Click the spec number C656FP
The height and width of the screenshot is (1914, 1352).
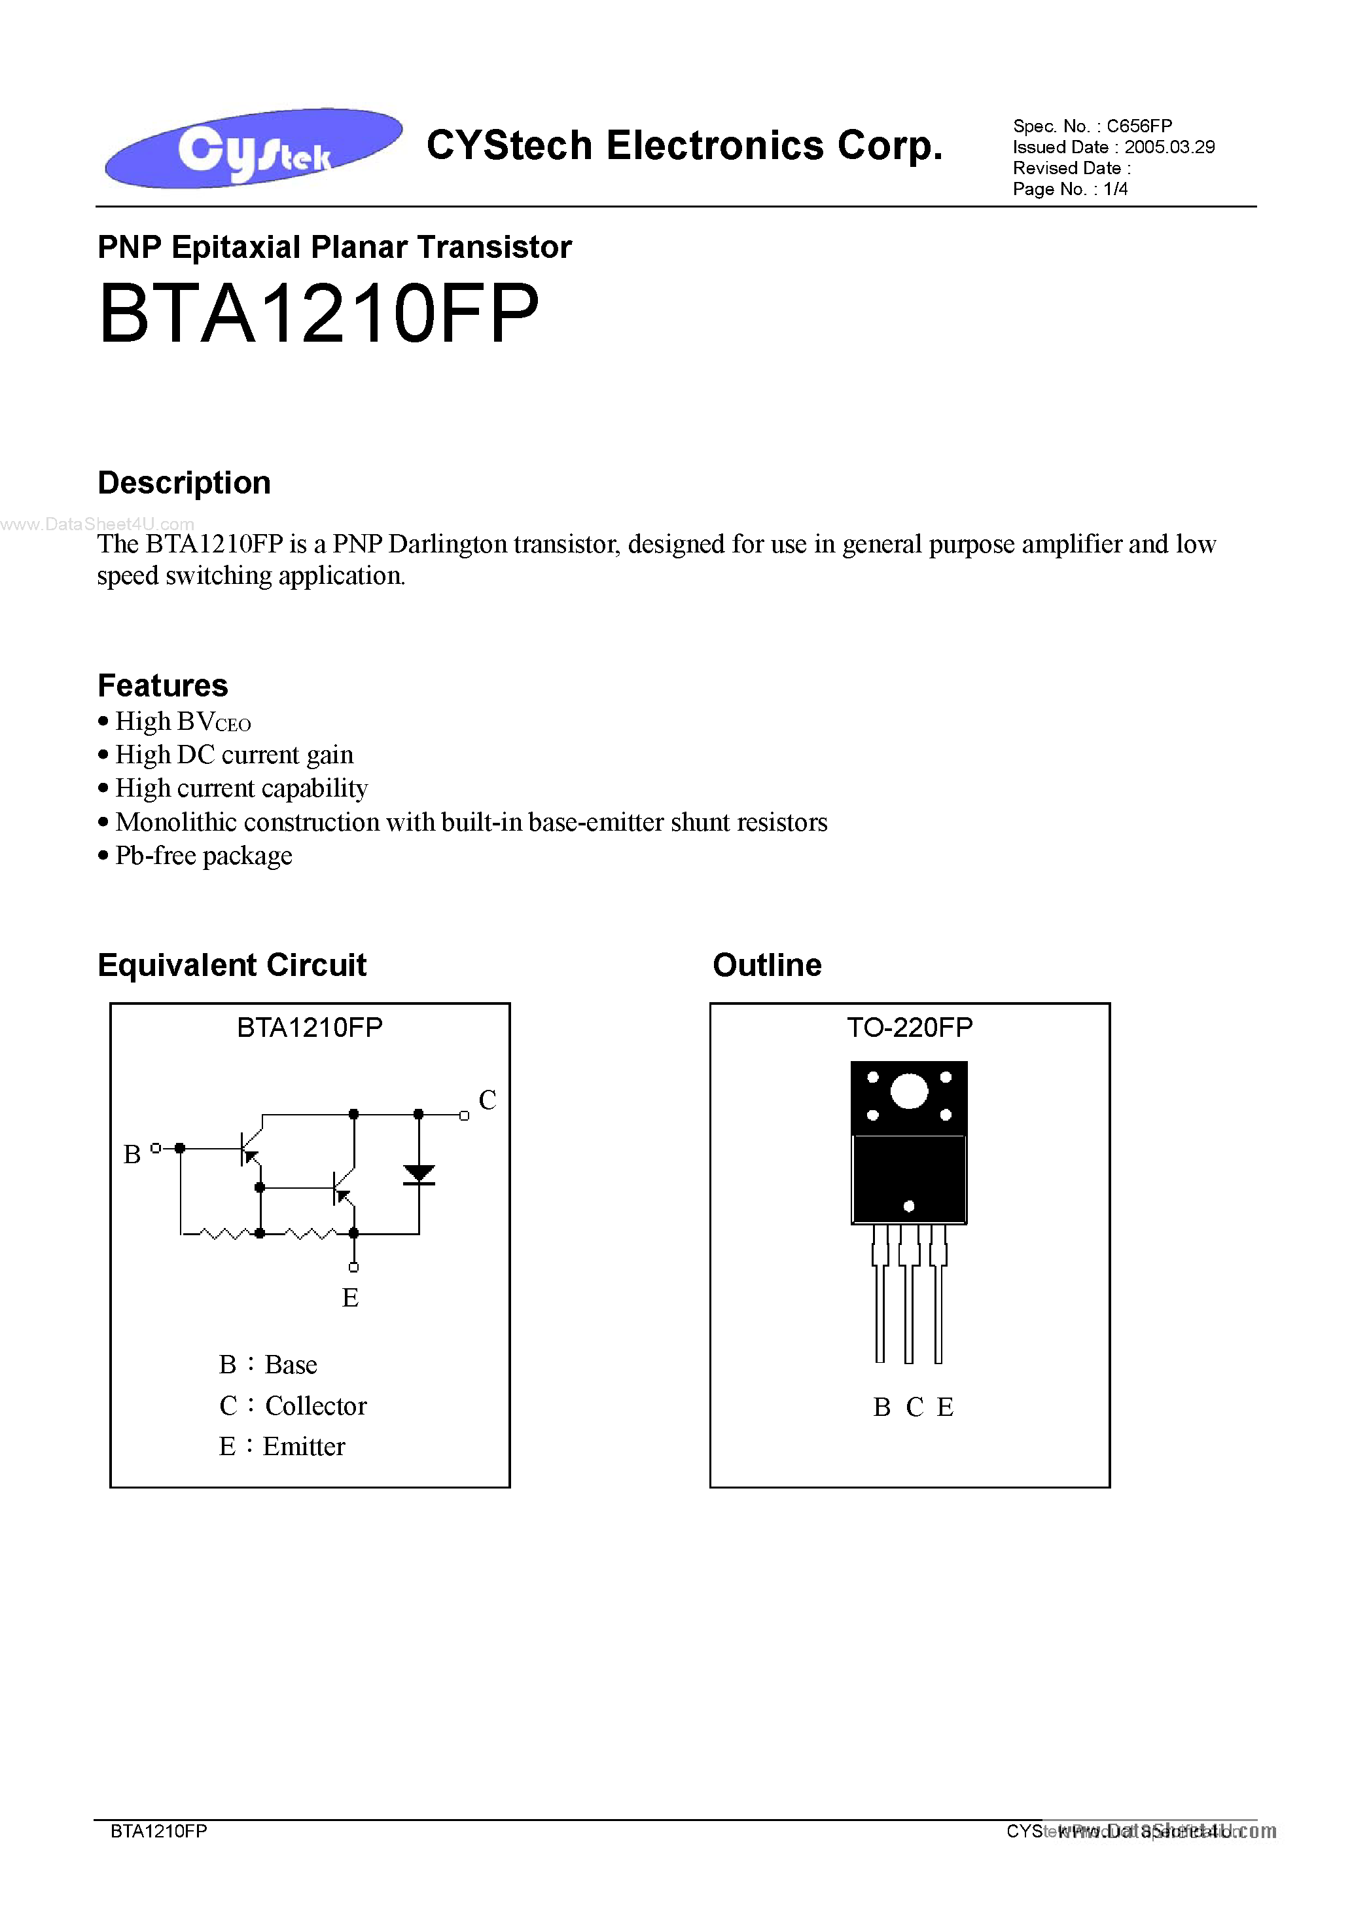pos(1139,126)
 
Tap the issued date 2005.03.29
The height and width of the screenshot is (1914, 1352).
pos(1169,147)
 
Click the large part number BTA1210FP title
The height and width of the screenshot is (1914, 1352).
pos(319,314)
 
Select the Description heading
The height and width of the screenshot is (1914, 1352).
pos(184,482)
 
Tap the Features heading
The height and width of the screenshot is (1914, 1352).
pos(162,685)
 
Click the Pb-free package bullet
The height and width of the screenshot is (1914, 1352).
pos(204,856)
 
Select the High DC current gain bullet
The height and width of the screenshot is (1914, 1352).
pos(234,755)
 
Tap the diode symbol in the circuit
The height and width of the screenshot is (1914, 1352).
pos(418,1174)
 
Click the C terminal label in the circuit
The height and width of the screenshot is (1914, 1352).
pos(488,1100)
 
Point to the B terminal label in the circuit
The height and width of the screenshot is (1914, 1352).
pos(132,1155)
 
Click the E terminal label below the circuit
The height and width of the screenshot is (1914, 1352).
pos(350,1298)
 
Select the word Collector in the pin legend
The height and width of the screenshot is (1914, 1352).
pos(316,1406)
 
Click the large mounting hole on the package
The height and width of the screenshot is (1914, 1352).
pos(908,1091)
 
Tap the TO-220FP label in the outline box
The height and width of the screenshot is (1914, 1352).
pos(910,1027)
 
